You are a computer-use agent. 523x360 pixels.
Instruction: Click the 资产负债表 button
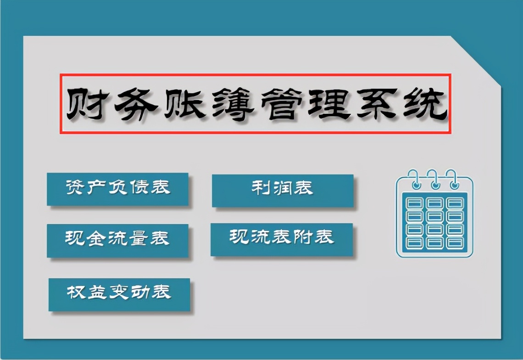click(x=117, y=189)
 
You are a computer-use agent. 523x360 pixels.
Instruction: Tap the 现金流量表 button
click(x=117, y=240)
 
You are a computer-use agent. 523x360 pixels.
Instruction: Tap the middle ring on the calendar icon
click(x=434, y=179)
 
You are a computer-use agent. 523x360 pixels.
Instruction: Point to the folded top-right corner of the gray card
click(x=477, y=60)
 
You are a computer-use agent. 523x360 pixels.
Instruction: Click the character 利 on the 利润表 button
click(x=260, y=189)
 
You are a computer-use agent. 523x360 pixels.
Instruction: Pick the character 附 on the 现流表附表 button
click(x=304, y=237)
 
